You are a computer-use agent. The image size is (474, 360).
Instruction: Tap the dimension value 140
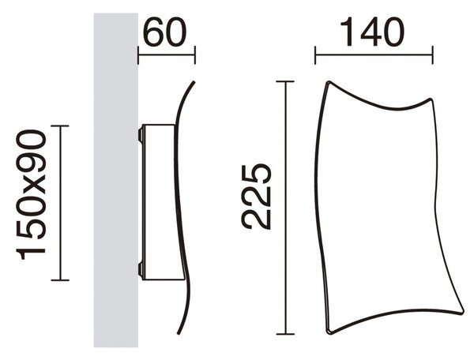pos(372,32)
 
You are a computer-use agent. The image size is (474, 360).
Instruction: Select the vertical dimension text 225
pos(257,197)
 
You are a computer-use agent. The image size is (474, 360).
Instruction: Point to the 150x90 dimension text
pos(31,195)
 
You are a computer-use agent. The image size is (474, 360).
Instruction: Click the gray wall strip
pos(116,180)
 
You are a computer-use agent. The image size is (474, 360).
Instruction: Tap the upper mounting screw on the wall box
pos(141,134)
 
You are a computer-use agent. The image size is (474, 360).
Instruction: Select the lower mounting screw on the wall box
pos(141,268)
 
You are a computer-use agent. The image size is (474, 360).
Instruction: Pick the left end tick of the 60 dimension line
pos(138,55)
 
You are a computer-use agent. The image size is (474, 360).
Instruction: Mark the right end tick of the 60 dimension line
pos(195,55)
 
